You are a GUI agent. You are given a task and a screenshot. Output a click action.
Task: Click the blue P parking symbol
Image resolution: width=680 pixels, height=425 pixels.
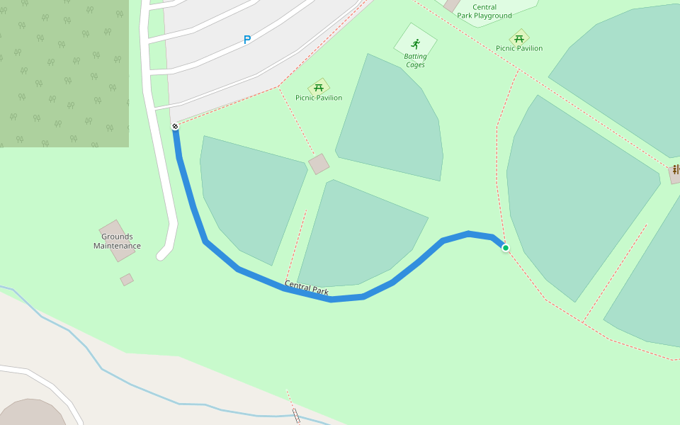[247, 40]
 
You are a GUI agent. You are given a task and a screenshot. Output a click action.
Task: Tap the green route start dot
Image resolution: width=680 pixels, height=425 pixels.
[505, 248]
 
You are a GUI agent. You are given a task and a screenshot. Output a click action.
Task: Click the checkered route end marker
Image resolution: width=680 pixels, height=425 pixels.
[175, 126]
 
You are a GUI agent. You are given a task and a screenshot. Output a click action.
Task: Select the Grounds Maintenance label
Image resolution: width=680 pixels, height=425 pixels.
[117, 242]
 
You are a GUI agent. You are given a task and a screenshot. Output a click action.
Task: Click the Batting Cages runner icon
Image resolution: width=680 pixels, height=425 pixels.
[416, 44]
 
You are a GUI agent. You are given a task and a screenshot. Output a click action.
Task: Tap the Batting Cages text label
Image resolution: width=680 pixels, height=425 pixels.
[415, 61]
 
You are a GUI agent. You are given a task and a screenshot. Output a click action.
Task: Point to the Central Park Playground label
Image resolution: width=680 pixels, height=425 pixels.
[484, 11]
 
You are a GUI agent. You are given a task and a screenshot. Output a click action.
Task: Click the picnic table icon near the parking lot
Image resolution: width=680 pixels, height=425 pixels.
[319, 87]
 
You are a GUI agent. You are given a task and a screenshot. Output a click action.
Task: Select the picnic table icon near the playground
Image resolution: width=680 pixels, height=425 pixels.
[519, 38]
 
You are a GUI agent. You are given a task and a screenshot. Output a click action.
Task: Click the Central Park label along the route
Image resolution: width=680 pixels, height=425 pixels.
[307, 288]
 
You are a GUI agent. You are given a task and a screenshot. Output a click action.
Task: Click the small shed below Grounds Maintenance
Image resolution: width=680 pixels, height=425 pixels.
[127, 280]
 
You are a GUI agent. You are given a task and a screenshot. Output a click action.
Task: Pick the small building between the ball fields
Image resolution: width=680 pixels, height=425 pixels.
[319, 164]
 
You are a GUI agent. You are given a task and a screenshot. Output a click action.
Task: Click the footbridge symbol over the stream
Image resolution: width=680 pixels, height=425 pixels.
[296, 416]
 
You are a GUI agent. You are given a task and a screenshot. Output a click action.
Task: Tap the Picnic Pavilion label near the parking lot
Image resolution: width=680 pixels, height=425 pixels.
[319, 98]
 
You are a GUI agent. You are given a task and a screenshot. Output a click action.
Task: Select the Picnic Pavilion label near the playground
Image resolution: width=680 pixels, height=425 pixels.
[519, 48]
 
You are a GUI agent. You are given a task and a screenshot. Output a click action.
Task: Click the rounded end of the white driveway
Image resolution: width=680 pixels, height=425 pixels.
[164, 254]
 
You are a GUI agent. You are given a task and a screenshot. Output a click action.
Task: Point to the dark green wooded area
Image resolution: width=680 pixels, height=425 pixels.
[64, 71]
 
